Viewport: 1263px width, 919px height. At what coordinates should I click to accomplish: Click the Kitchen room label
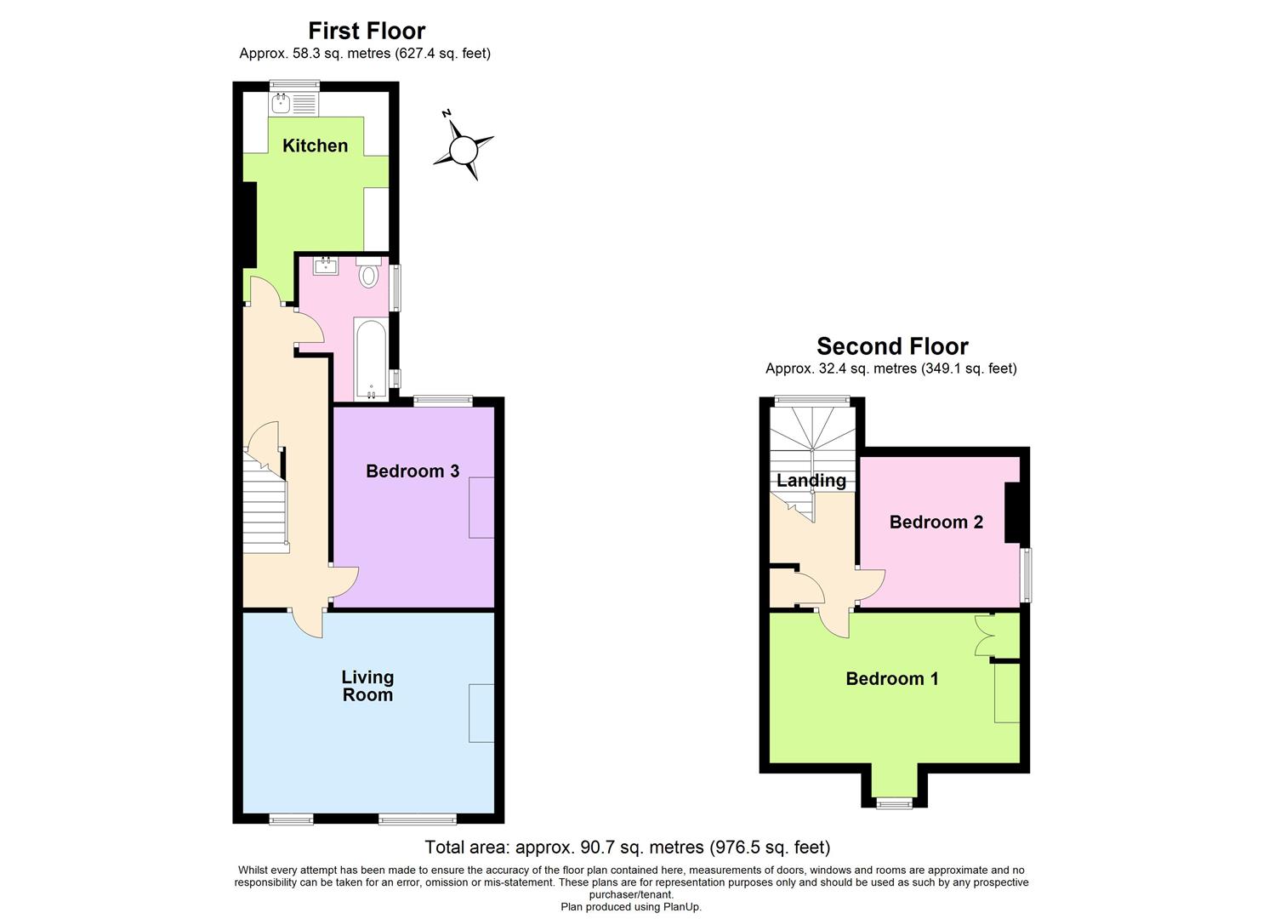pyautogui.click(x=315, y=146)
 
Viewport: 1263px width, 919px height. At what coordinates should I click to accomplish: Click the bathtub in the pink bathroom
pyautogui.click(x=370, y=358)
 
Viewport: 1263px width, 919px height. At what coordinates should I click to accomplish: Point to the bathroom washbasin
pyautogui.click(x=326, y=266)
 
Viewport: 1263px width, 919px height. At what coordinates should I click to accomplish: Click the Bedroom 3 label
pyautogui.click(x=412, y=471)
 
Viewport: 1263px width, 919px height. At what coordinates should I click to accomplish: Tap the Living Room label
pyautogui.click(x=367, y=686)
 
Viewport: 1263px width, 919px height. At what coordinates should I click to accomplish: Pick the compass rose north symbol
pyautogui.click(x=463, y=151)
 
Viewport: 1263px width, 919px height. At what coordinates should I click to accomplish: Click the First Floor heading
pyautogui.click(x=367, y=31)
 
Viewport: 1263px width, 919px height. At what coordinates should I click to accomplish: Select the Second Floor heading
pyautogui.click(x=892, y=346)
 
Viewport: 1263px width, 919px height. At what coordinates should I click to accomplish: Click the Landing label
pyautogui.click(x=811, y=480)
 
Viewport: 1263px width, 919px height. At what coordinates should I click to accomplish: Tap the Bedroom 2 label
pyautogui.click(x=936, y=522)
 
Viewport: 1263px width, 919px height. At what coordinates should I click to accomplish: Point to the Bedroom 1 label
pyautogui.click(x=892, y=678)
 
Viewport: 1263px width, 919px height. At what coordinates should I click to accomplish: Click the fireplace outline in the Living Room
pyautogui.click(x=481, y=712)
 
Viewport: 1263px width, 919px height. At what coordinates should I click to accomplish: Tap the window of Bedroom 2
pyautogui.click(x=1027, y=574)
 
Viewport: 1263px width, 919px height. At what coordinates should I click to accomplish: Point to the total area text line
pyautogui.click(x=628, y=848)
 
